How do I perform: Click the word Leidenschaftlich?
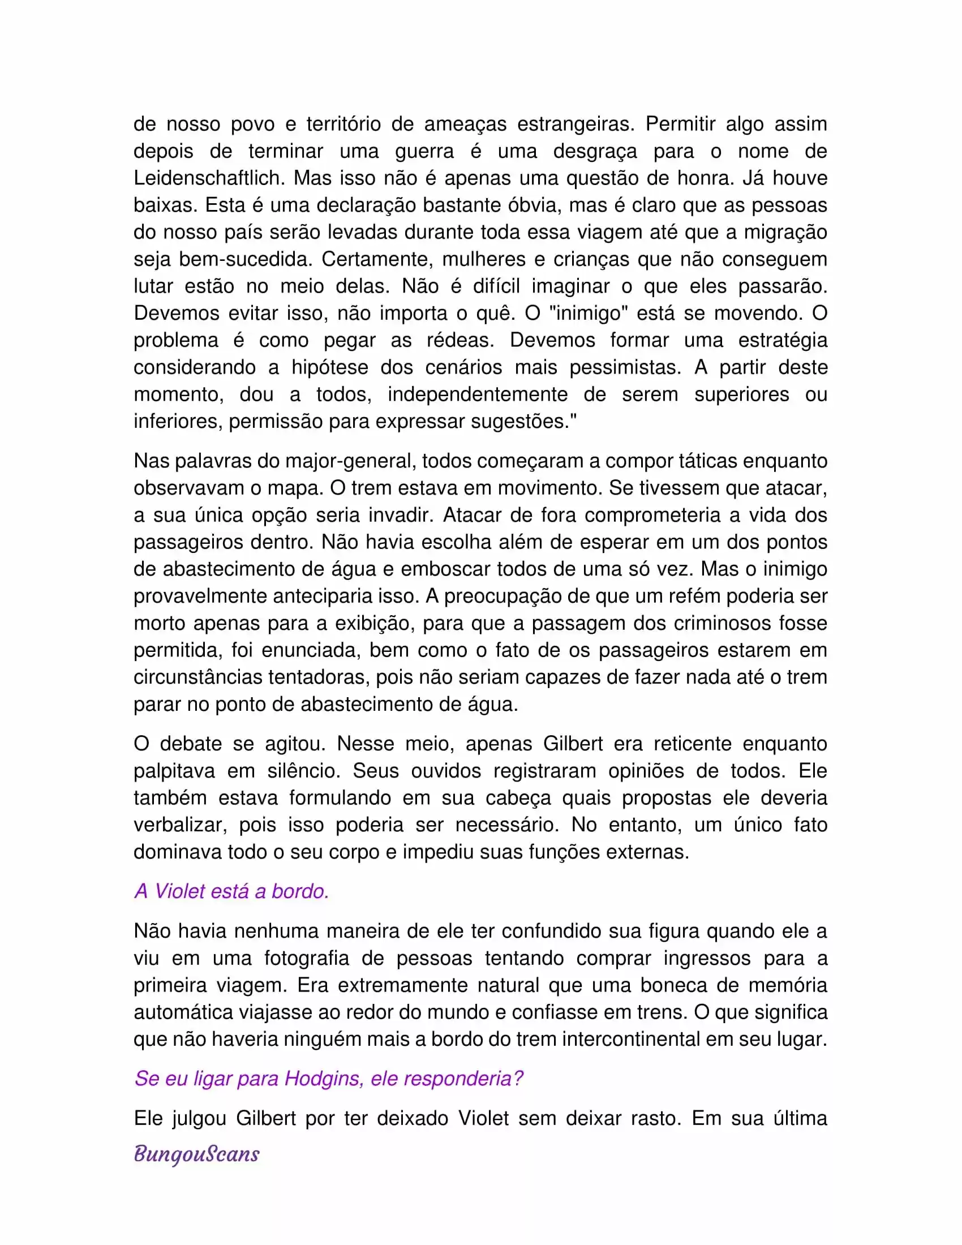click(208, 178)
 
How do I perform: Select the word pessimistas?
click(625, 367)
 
